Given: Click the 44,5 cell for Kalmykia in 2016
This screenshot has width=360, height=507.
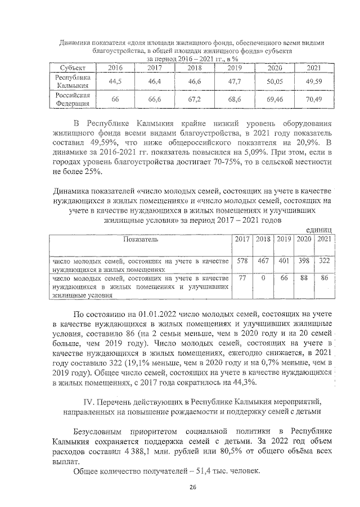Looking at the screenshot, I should [x=115, y=82].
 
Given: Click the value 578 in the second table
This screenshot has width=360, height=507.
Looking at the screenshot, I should [x=242, y=261].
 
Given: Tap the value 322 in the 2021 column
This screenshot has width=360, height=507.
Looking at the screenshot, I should [x=323, y=261].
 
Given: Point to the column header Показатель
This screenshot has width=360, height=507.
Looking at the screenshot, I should [x=141, y=239].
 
